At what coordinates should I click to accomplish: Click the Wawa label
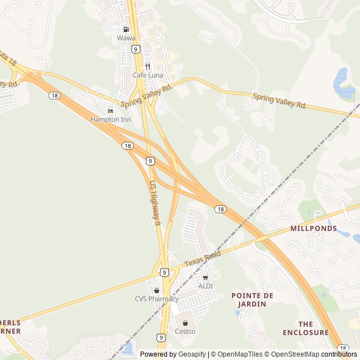click(x=126, y=38)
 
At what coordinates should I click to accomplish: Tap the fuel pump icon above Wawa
click(x=126, y=29)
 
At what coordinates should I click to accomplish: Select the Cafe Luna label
click(x=147, y=74)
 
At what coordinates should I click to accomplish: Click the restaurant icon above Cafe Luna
click(x=147, y=66)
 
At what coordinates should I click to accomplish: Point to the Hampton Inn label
click(x=110, y=119)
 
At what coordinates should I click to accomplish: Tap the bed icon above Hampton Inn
click(x=110, y=111)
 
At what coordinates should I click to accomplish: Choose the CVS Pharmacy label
click(x=156, y=299)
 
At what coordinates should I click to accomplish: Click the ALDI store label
click(x=205, y=286)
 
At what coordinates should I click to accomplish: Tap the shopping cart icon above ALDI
click(x=205, y=277)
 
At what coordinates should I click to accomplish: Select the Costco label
click(x=185, y=331)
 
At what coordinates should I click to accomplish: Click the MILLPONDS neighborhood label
click(x=314, y=228)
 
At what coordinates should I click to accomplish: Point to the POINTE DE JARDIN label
click(x=253, y=299)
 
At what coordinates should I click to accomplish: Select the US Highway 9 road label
click(x=155, y=202)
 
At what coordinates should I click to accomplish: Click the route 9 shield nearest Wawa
click(x=136, y=49)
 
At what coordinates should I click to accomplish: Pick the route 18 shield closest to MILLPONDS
click(x=220, y=209)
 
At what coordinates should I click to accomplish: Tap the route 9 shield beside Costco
click(x=161, y=337)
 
